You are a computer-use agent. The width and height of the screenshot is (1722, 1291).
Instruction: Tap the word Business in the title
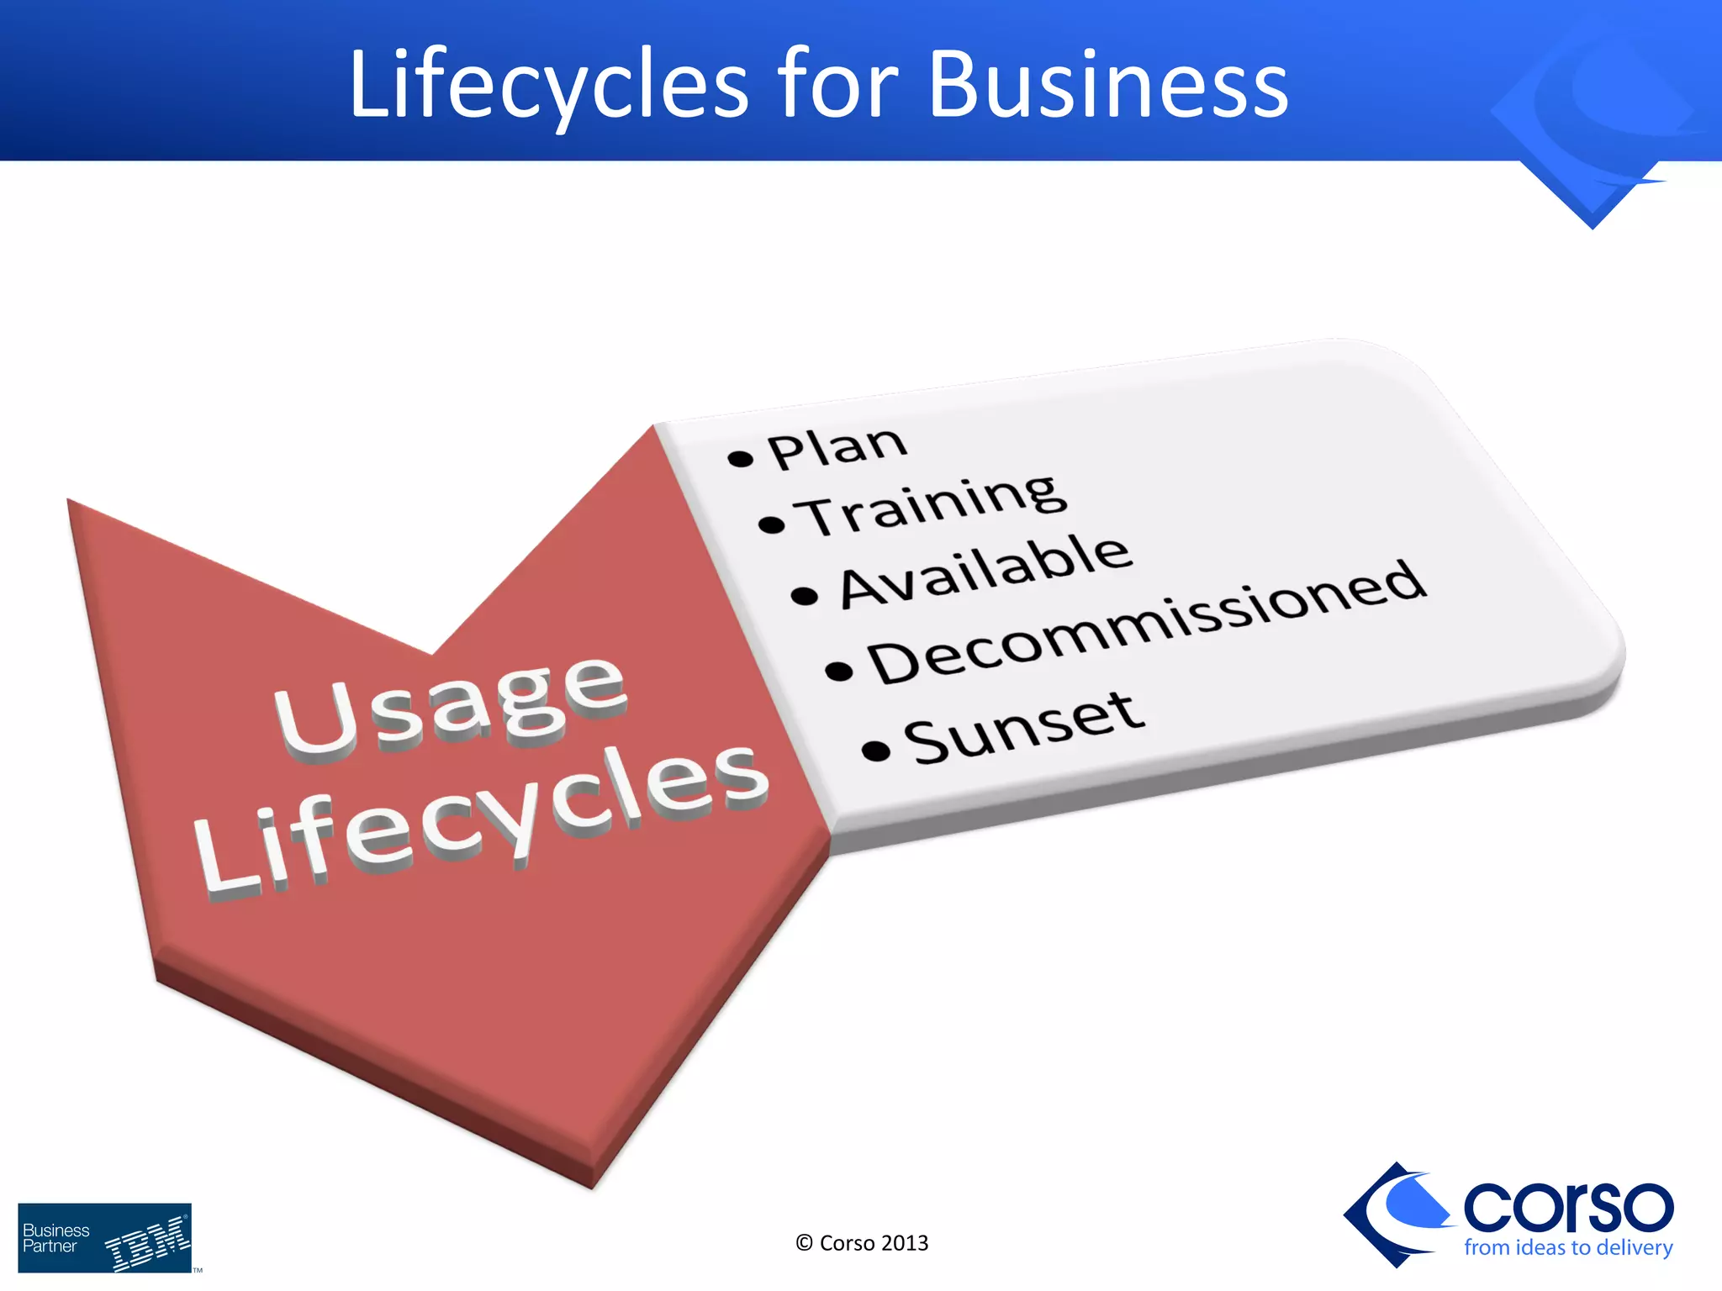pos(1107,85)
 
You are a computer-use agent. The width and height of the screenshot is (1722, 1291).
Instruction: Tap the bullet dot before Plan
pos(740,458)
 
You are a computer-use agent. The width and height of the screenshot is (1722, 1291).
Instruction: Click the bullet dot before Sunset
pos(875,750)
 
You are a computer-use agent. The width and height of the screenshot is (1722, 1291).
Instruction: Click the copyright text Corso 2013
pos(862,1243)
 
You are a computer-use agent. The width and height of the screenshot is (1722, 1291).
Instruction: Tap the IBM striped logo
pos(148,1242)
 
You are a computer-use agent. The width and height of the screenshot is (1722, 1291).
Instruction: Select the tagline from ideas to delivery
pos(1567,1247)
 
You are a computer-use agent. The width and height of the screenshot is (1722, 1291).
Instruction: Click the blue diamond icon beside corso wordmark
pos(1396,1214)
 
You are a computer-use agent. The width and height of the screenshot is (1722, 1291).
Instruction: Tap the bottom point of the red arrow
pos(592,1185)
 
